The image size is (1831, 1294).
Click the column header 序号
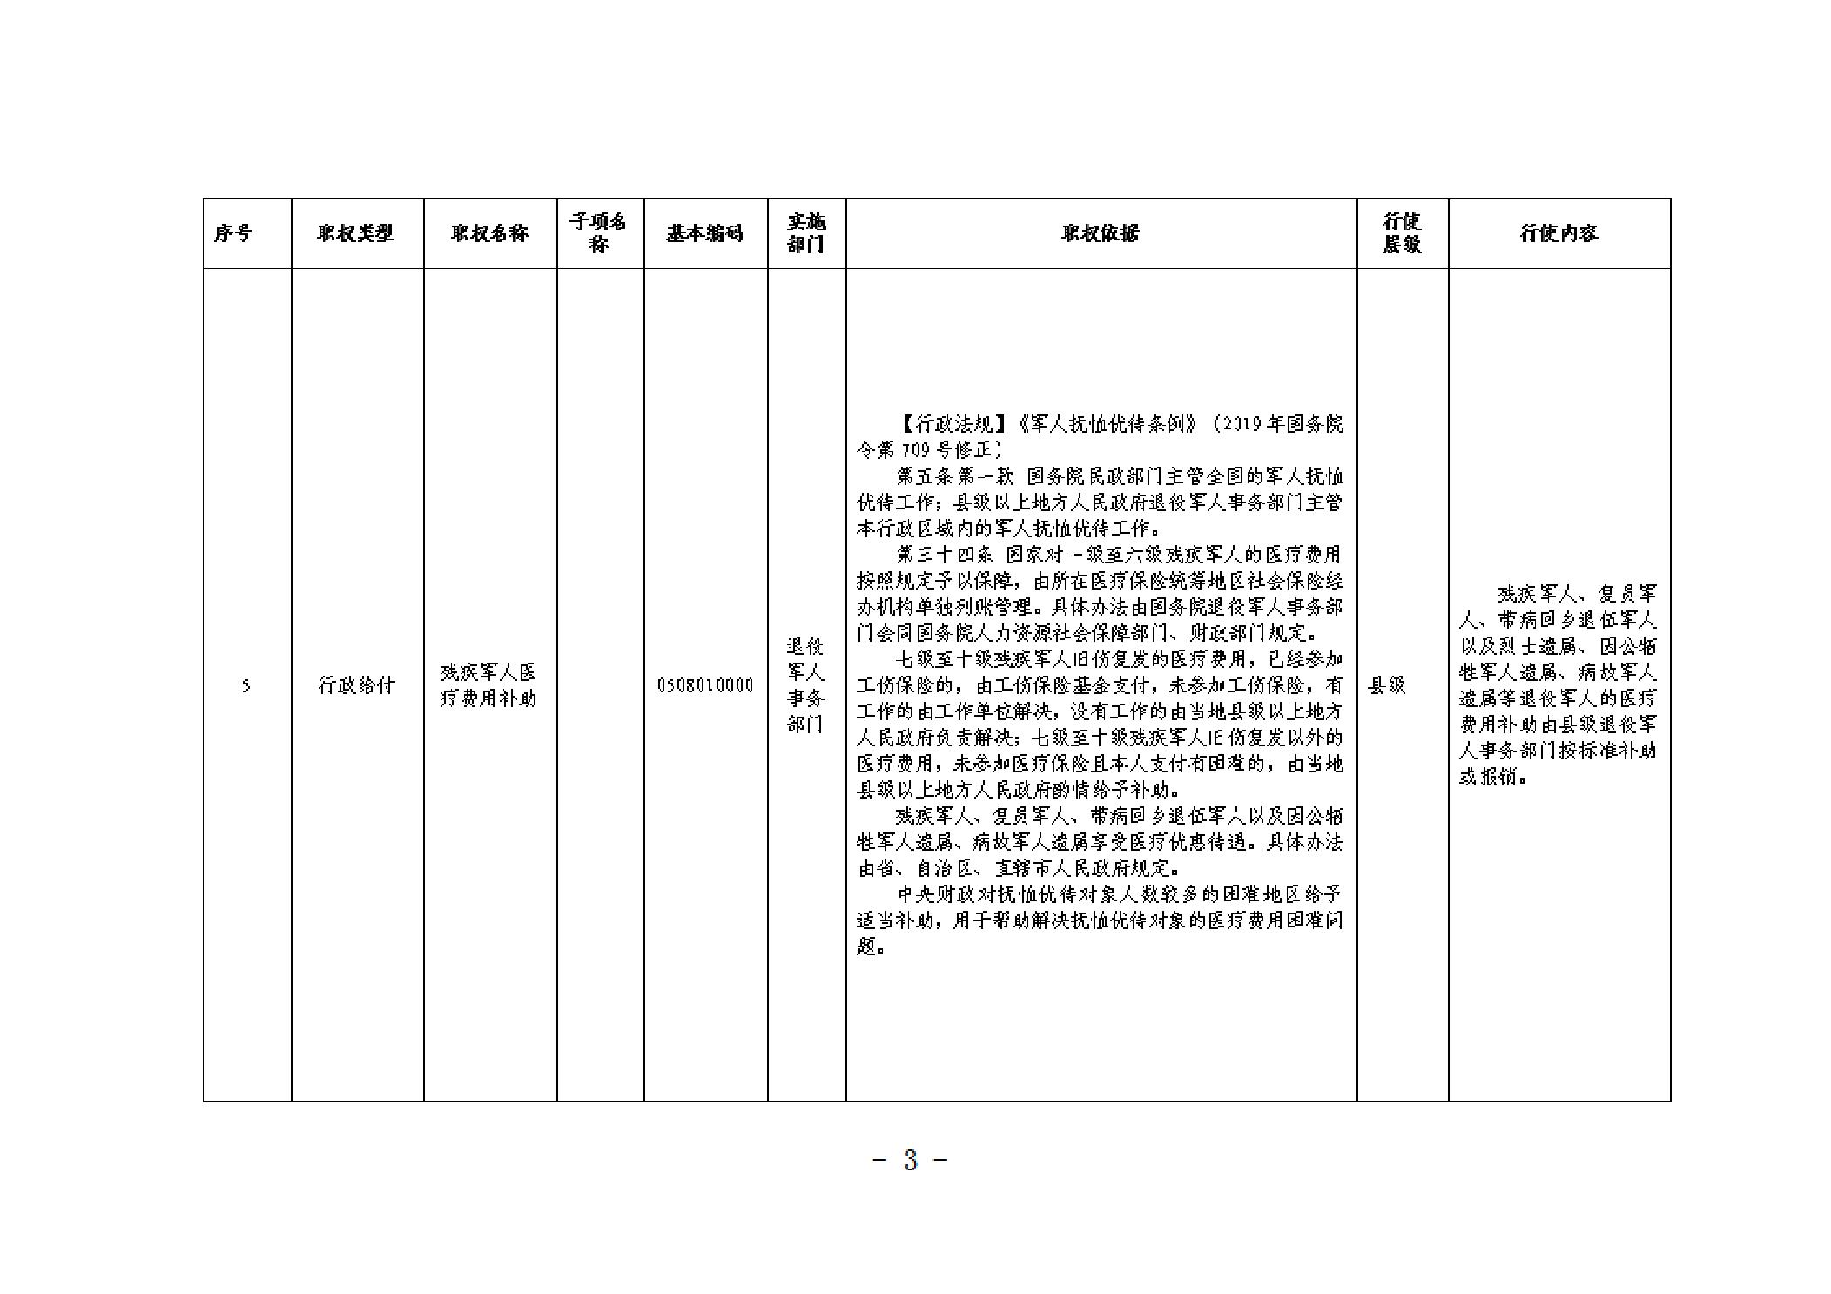pyautogui.click(x=232, y=233)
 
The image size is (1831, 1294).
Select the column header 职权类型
pyautogui.click(x=355, y=233)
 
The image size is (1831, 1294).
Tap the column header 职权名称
pyautogui.click(x=490, y=233)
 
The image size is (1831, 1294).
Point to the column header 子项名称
pyautogui.click(x=599, y=233)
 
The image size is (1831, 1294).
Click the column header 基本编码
pyautogui.click(x=705, y=233)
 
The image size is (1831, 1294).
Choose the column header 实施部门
pyautogui.click(x=806, y=233)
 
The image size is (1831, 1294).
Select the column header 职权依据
pyautogui.click(x=1101, y=233)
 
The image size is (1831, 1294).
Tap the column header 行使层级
pyautogui.click(x=1402, y=233)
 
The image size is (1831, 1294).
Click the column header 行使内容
pyautogui.click(x=1558, y=233)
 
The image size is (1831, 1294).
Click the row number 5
pyautogui.click(x=246, y=686)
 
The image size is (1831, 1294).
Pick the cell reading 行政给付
pyautogui.click(x=356, y=685)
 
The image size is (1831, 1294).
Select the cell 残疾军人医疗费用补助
pyautogui.click(x=488, y=685)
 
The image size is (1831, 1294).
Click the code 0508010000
pyautogui.click(x=705, y=685)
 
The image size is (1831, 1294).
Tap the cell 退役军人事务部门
pyautogui.click(x=805, y=685)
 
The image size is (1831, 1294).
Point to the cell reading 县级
pyautogui.click(x=1387, y=685)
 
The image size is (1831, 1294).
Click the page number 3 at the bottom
pyautogui.click(x=911, y=1160)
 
